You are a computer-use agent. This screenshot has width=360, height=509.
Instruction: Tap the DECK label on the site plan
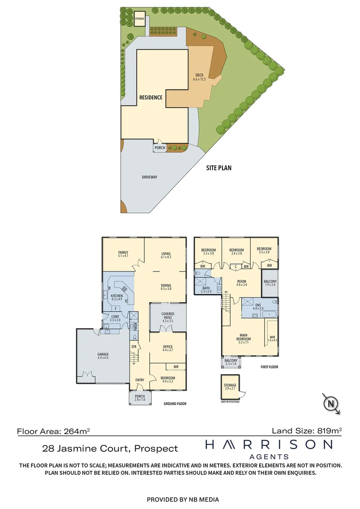[199, 77]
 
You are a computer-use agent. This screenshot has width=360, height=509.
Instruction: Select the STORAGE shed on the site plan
[139, 18]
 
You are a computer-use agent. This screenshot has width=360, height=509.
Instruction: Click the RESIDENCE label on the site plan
[151, 98]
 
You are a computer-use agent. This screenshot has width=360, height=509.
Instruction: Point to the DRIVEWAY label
[149, 178]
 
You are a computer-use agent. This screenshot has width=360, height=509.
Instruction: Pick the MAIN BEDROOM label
[244, 337]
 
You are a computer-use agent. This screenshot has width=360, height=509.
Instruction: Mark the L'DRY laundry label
[115, 318]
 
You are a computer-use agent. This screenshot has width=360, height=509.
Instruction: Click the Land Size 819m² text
[307, 430]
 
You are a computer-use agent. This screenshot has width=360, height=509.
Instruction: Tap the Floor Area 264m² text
[53, 430]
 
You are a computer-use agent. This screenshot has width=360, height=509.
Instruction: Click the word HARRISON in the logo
[269, 444]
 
